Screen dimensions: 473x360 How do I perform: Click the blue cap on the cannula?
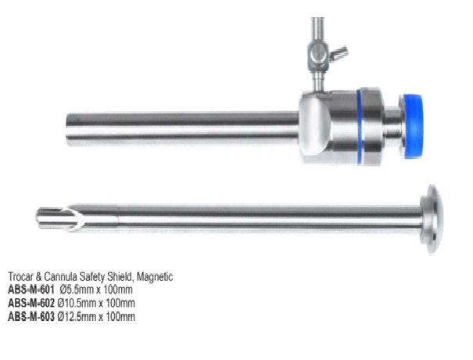[x=413, y=126]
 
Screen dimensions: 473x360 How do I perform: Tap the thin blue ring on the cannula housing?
[x=360, y=127]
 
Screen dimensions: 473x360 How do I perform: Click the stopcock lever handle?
[x=339, y=54]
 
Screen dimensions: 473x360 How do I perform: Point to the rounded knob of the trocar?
[x=432, y=220]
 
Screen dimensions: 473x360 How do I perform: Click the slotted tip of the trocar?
[x=57, y=219]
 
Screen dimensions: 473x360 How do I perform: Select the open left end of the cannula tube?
[x=69, y=129]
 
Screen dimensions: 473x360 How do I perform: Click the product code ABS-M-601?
[x=31, y=290]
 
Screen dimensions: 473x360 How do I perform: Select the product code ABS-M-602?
[x=31, y=303]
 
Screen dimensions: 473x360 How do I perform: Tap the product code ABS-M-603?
[x=31, y=316]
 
